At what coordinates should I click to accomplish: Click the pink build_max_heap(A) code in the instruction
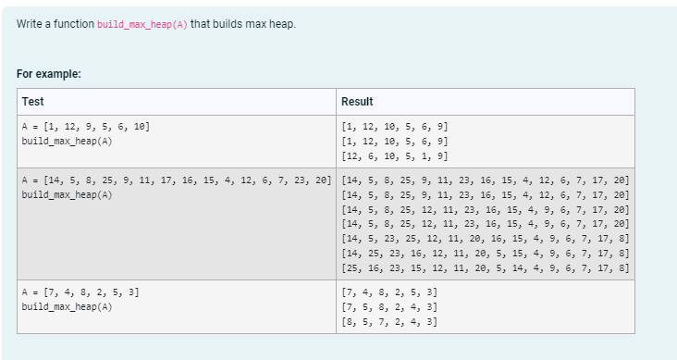142,23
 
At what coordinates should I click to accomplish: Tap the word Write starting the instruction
30,23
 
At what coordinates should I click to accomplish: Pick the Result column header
357,101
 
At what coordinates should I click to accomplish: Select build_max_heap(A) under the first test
67,141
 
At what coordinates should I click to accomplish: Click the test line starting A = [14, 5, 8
176,180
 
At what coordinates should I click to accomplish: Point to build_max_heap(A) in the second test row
67,194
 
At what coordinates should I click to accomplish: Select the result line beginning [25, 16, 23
485,268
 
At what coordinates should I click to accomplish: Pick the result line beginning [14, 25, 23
485,254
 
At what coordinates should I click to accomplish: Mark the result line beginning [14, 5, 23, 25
485,239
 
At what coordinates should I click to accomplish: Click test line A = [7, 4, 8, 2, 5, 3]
80,292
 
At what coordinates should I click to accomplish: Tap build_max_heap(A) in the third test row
67,306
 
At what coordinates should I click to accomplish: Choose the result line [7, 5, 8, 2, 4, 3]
389,307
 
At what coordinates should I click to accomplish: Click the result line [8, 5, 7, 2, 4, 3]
389,322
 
